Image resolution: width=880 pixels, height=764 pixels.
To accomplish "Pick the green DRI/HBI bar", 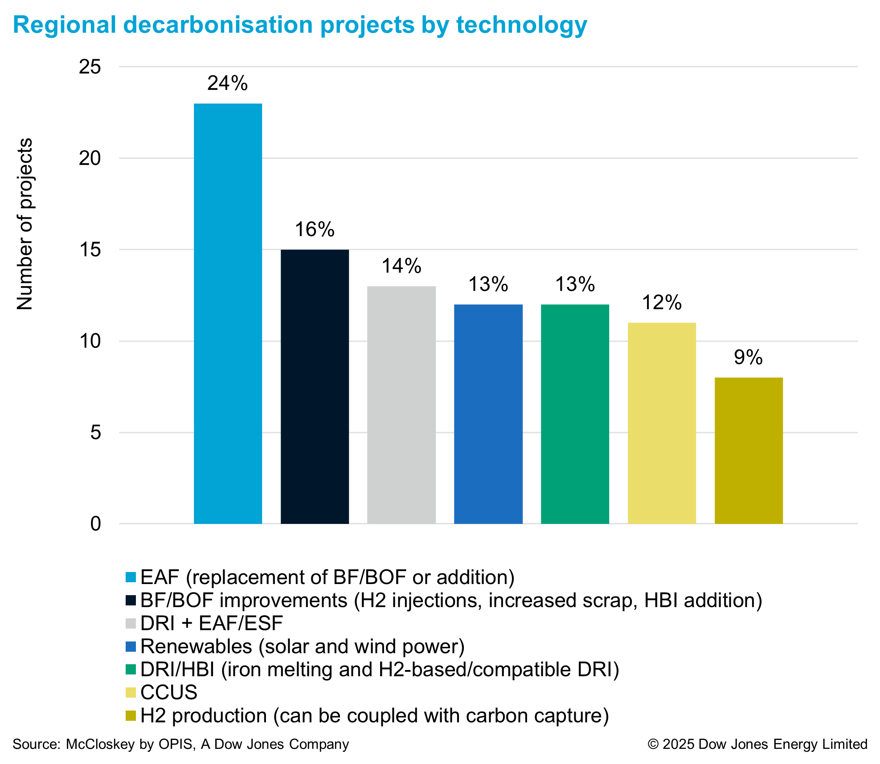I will point(575,414).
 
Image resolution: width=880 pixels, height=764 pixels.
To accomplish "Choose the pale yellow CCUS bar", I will point(662,423).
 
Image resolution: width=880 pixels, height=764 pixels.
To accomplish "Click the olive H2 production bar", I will point(749,450).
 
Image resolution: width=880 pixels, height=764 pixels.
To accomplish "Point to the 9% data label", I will point(749,358).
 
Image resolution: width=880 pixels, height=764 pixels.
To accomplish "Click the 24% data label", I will point(228,83).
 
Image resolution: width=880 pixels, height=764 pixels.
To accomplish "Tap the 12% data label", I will point(662,303).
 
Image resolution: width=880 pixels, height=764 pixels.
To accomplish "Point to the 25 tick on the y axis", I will point(90,67).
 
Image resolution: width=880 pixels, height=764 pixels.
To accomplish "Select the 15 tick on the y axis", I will point(90,250).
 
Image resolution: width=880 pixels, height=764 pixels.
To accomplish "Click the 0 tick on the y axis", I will point(95,524).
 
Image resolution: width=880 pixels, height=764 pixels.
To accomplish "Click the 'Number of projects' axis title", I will point(25,224).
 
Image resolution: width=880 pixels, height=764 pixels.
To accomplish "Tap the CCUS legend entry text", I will point(169,692).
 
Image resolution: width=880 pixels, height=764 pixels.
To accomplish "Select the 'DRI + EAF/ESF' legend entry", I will point(212,623).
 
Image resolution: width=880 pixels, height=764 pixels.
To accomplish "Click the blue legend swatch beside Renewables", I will point(131,646).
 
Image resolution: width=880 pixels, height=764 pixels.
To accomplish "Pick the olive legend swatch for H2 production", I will point(131,715).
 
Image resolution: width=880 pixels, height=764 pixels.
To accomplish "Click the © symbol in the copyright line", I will point(653,744).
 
